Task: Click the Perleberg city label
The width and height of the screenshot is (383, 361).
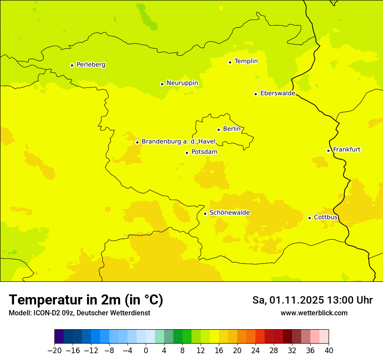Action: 91,65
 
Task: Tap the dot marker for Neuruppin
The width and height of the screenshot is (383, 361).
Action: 162,84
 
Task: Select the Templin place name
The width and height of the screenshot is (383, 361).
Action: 246,61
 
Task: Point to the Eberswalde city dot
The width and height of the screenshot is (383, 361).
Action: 256,94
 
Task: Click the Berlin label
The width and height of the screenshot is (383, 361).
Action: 232,129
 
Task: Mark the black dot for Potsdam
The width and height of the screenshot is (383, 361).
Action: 187,153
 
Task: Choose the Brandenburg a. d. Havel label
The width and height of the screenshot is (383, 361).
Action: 178,142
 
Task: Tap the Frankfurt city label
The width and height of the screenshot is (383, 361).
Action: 346,150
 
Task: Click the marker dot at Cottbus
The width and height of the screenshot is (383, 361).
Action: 309,218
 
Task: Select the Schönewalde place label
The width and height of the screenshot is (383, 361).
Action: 229,213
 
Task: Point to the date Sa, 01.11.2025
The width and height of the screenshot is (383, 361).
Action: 288,300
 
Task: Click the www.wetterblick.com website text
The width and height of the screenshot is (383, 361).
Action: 314,313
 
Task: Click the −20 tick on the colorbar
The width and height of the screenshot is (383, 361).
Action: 54,350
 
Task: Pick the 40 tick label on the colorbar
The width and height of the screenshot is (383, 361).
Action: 329,350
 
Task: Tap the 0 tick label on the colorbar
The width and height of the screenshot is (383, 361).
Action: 146,350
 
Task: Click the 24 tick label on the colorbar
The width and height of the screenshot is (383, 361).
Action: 255,350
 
